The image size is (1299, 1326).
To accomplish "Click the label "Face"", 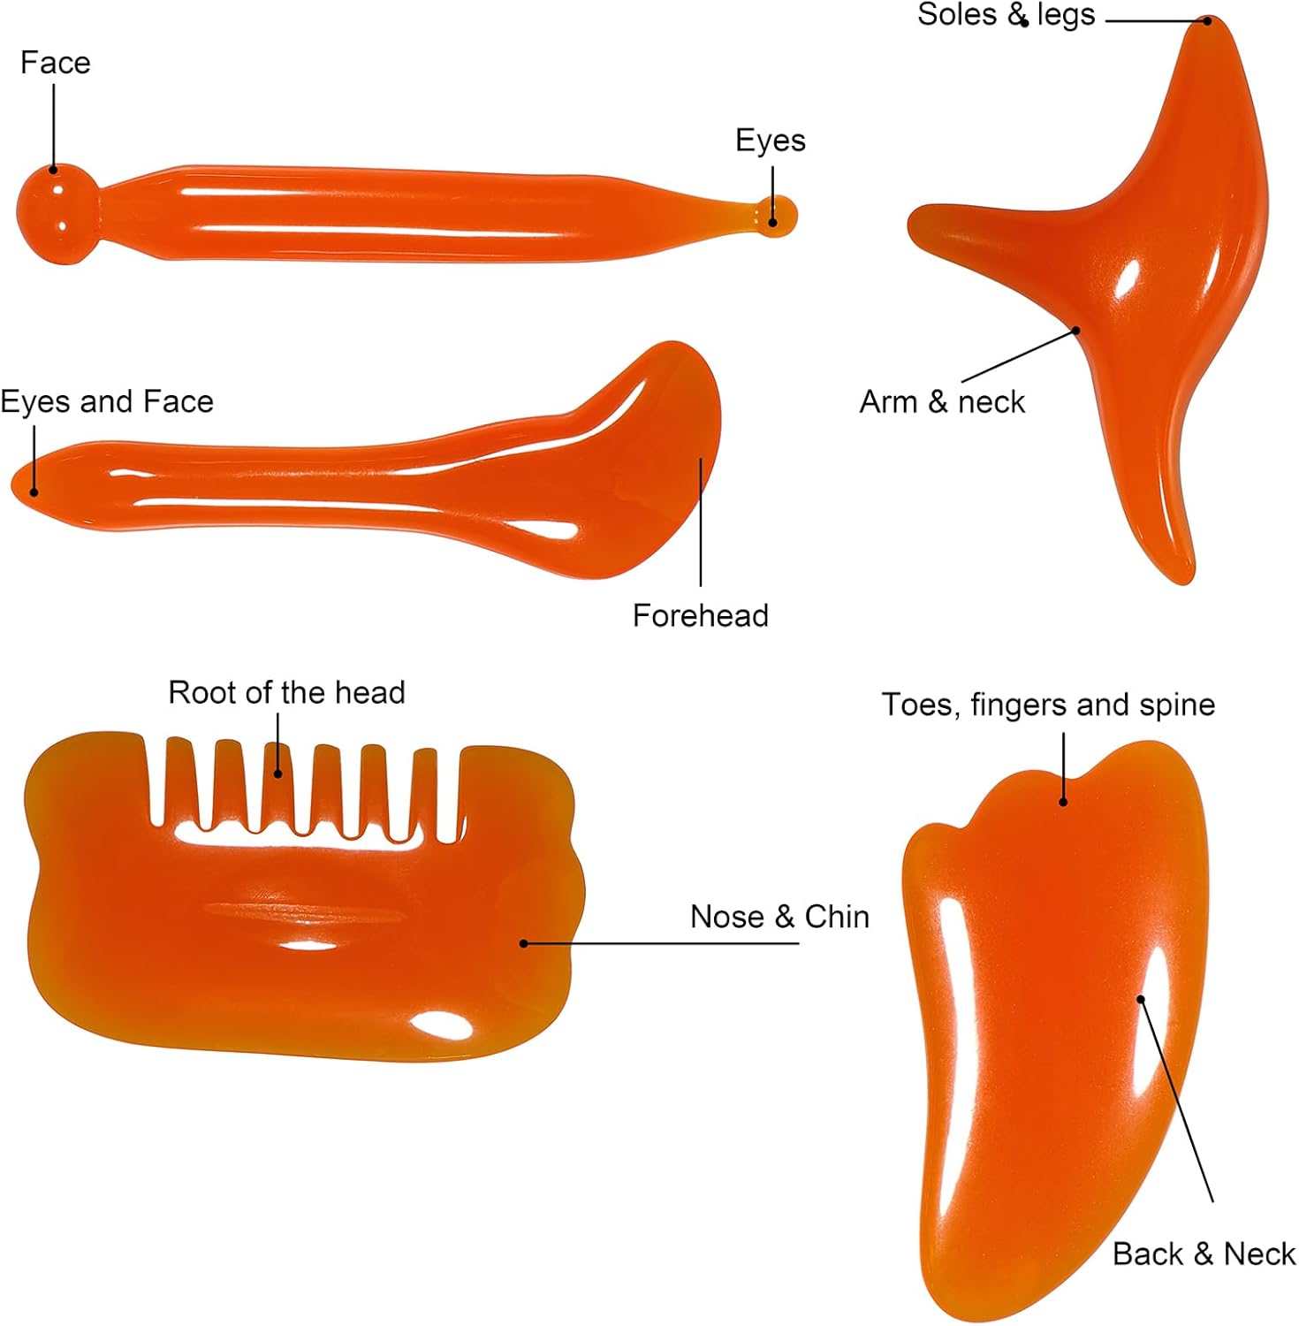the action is (55, 63).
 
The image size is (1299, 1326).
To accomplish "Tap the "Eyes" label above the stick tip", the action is (771, 141).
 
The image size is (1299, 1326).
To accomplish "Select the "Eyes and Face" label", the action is (107, 401).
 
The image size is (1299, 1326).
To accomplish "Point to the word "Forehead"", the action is (700, 615).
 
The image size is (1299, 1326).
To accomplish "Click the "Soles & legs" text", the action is (1006, 15).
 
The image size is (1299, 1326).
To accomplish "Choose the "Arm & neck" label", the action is (942, 401).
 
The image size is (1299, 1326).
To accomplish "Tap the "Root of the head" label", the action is (286, 692).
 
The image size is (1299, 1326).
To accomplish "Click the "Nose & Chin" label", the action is (779, 917).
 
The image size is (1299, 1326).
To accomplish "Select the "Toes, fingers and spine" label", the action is (1048, 705).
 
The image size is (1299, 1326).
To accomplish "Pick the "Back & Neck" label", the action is (1204, 1254).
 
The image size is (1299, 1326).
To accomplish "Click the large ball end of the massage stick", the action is (56, 213).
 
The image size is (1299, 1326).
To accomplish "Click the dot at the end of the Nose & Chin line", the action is (524, 943).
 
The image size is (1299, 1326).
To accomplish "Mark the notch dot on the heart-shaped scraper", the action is (1063, 802).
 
